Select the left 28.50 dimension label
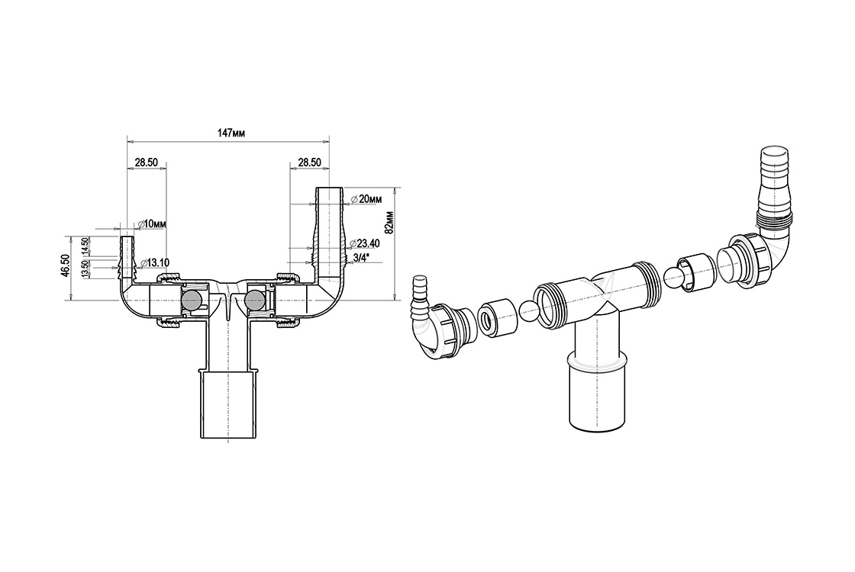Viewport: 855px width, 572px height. pos(146,162)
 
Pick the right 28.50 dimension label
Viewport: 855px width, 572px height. pos(309,162)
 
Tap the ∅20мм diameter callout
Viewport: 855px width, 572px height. pos(366,199)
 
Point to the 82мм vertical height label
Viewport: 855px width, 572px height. pos(389,222)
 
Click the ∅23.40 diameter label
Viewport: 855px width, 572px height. pos(365,243)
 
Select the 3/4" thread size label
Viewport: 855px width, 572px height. pos(360,257)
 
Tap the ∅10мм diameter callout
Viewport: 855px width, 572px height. pos(152,224)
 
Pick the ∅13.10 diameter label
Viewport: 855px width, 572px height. pos(154,263)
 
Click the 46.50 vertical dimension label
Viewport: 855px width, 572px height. pos(64,266)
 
